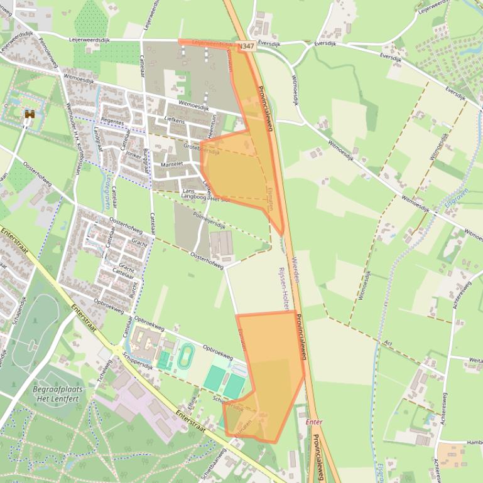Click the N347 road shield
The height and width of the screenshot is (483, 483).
pos(246,46)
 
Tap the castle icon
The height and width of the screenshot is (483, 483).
pos(29,114)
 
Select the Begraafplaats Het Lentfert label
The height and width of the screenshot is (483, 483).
pos(57,394)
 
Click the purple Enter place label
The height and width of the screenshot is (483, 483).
pos(313,422)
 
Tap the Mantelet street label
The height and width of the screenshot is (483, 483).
pos(171,164)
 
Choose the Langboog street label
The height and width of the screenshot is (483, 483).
pos(193,196)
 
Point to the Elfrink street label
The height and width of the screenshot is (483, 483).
pos(192,399)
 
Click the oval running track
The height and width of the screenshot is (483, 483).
pos(185,356)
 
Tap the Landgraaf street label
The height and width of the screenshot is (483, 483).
pos(97,141)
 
